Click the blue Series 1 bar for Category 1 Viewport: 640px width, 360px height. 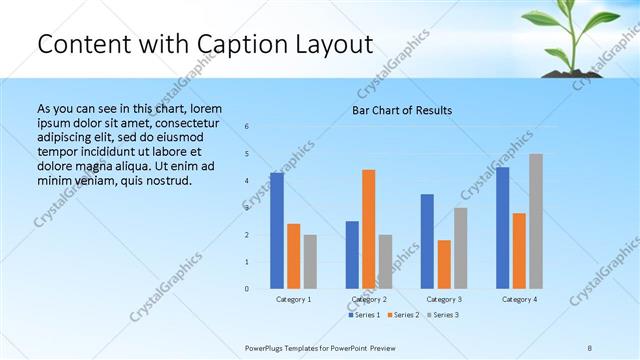277,231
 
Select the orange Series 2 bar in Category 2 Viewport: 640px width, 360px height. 369,229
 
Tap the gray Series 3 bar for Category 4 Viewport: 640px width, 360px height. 536,221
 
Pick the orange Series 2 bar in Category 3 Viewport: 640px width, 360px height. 444,264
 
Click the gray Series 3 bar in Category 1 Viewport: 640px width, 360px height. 310,262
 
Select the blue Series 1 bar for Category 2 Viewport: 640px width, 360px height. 352,255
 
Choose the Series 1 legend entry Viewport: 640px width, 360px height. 364,315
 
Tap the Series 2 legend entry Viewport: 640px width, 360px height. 403,315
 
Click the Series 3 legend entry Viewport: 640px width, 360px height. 443,315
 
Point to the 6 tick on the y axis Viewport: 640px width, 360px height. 248,126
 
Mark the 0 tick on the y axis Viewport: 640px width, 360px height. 248,289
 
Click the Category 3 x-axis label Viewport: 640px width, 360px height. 443,299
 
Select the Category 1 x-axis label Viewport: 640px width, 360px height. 293,299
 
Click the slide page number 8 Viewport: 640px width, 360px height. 590,347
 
